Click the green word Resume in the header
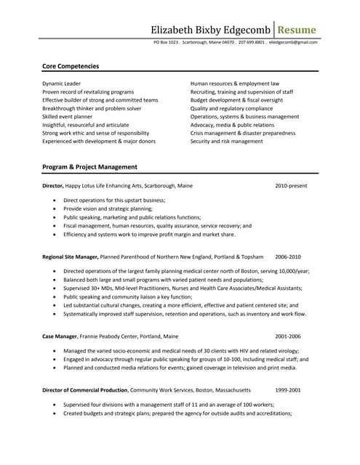(298, 29)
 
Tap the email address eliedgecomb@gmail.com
(293, 42)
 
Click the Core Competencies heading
(71, 66)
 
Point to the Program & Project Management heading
(90, 166)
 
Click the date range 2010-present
(291, 186)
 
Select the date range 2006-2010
(288, 257)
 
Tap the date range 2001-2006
(288, 336)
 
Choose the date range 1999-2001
(288, 389)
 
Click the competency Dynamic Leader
(62, 84)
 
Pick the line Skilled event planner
(68, 116)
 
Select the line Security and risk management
(227, 141)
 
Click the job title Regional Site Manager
(70, 257)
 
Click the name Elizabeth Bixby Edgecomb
(210, 29)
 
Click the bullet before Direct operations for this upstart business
(55, 200)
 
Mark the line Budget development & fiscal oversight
(236, 100)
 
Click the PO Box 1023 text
(167, 42)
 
